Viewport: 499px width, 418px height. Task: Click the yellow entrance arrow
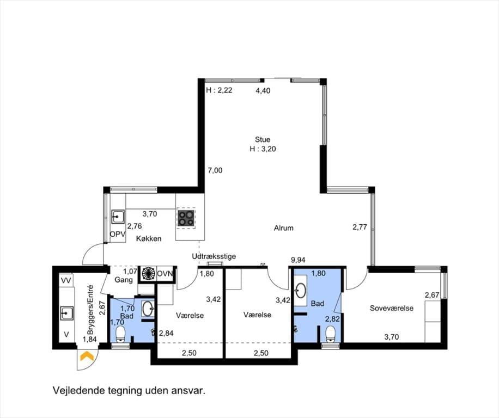[x=87, y=356]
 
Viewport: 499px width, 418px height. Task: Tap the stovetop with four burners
[x=186, y=218]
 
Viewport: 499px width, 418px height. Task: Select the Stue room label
[x=263, y=139]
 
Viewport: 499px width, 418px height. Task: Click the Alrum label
[x=284, y=228]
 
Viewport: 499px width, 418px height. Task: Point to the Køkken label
[x=149, y=238]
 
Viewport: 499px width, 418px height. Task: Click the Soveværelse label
[x=392, y=308]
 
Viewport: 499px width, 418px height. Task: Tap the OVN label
[x=165, y=273]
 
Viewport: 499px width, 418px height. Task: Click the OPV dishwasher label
[x=118, y=234]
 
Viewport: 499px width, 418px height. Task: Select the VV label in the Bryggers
[x=66, y=280]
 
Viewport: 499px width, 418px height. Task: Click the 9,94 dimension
[x=298, y=260]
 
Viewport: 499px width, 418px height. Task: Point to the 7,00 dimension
[x=215, y=170]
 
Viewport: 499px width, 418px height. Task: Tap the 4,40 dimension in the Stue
[x=263, y=90]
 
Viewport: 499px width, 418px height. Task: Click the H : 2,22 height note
[x=219, y=90]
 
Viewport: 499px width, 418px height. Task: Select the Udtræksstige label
[x=214, y=256]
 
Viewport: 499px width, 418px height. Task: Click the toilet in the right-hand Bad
[x=331, y=334]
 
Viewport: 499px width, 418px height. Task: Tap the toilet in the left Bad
[x=120, y=334]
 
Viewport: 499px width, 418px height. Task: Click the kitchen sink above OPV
[x=118, y=217]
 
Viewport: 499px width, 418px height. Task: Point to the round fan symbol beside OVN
[x=148, y=273]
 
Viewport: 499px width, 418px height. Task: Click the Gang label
[x=124, y=280]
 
